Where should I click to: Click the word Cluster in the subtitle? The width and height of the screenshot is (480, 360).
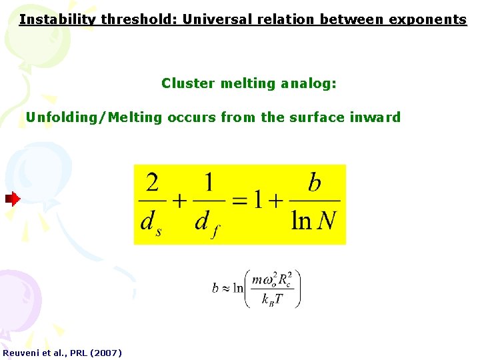[x=187, y=83]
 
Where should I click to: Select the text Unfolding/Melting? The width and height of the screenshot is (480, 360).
[x=94, y=117]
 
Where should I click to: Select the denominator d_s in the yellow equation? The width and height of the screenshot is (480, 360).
[x=151, y=221]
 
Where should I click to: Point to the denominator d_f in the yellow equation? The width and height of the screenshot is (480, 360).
[x=206, y=221]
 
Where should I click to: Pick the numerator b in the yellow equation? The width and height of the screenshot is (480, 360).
[x=315, y=183]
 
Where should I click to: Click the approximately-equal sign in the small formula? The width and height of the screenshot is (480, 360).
[x=227, y=289]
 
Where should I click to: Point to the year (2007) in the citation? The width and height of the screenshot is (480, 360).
[x=105, y=352]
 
